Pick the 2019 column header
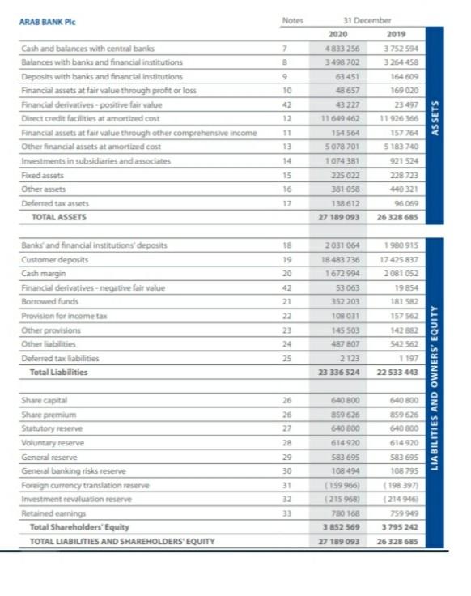click(397, 33)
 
